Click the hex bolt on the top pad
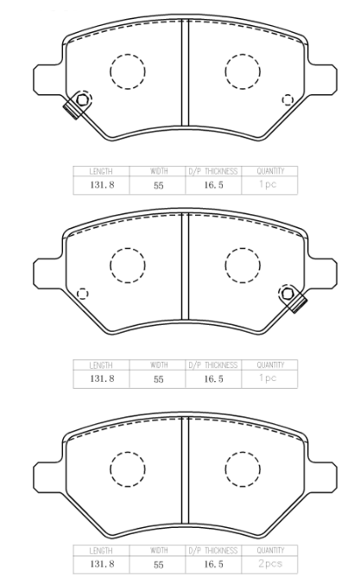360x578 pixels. (x=82, y=99)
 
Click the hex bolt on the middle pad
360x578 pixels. (x=287, y=294)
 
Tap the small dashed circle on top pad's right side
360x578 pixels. (x=287, y=100)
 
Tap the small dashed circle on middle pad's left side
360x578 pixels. (x=82, y=294)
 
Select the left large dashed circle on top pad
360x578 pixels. (x=128, y=72)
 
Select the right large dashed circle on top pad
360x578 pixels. (x=243, y=72)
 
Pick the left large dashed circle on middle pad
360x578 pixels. (x=128, y=265)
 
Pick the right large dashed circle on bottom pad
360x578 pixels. (x=243, y=469)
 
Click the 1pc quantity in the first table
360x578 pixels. (x=268, y=184)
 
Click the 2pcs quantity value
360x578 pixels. (x=270, y=563)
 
